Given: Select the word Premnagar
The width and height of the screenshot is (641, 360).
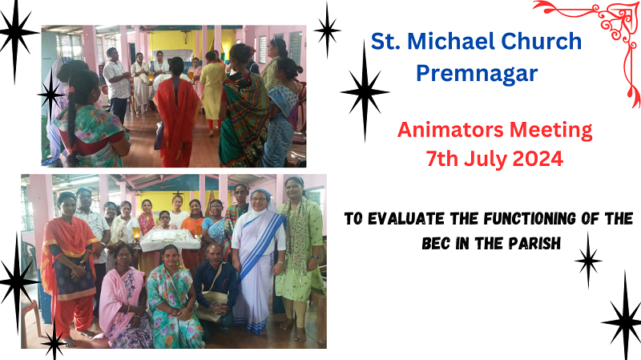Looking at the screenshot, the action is (477, 74).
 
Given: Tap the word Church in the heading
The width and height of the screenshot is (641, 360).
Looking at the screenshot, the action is (542, 42).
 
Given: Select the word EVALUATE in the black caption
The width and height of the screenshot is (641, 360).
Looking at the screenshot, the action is (406, 219).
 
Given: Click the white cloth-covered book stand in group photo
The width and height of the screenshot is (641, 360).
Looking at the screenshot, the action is (169, 239).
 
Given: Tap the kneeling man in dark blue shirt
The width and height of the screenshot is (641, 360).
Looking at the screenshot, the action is (216, 285).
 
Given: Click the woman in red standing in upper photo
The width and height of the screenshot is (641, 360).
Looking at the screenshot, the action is (176, 112).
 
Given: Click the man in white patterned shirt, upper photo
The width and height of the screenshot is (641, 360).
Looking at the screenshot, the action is (116, 86).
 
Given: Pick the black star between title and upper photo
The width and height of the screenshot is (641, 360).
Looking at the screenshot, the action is (327, 30).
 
